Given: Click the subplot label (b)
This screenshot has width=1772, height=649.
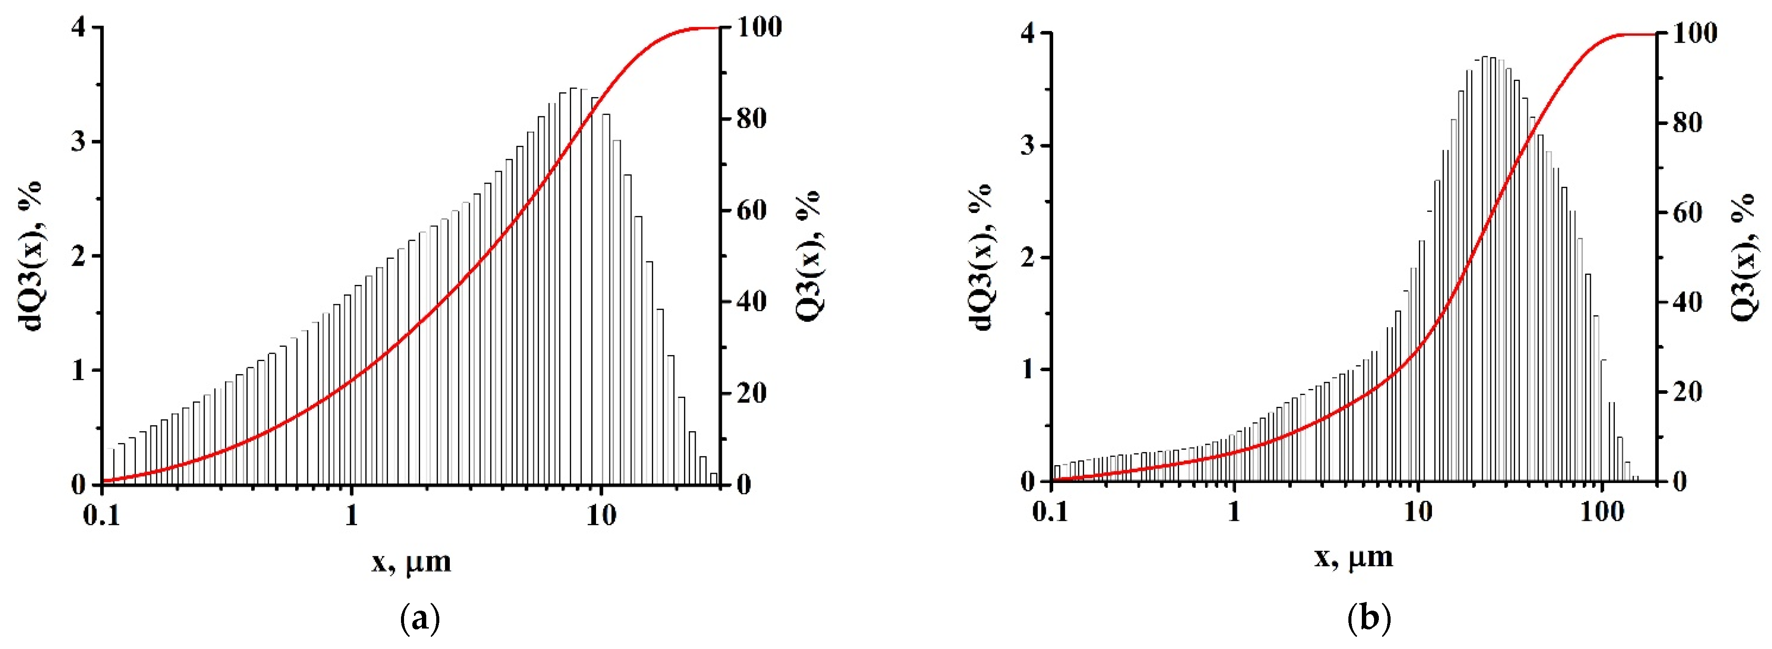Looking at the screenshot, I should click(x=1368, y=619).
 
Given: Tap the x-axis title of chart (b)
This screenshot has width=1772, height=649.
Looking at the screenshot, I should click(x=1354, y=557).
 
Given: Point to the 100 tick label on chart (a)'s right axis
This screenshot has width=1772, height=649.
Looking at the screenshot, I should click(x=759, y=27).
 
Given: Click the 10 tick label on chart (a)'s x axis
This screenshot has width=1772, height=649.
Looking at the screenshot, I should click(x=600, y=515).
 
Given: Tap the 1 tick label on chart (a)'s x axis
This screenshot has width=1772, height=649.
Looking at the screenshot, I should click(x=351, y=515).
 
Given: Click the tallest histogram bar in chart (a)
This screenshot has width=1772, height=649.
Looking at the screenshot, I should click(x=573, y=289).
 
